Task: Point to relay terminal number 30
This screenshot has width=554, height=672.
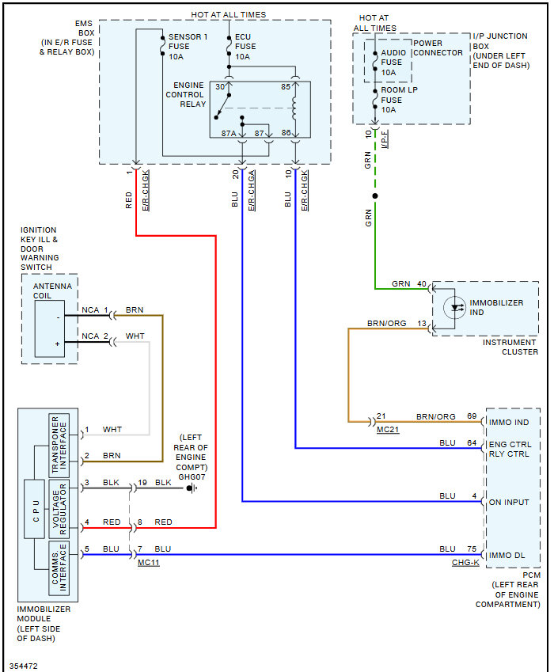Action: pos(220,85)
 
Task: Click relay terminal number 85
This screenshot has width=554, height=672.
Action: pos(286,85)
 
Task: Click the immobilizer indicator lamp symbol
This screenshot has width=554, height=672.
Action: pos(454,307)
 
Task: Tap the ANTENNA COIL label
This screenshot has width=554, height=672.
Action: pos(52,290)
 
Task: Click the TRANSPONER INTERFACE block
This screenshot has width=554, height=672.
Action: pos(60,445)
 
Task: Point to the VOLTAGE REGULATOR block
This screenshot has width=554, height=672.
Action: pos(60,509)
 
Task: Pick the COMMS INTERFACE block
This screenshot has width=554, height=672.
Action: pos(60,568)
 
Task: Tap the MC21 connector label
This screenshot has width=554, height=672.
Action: pos(388,428)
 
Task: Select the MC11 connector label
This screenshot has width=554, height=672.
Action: pos(148,561)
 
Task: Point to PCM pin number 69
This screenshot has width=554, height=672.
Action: pos(472,416)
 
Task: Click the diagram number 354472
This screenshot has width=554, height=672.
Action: pos(24,666)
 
